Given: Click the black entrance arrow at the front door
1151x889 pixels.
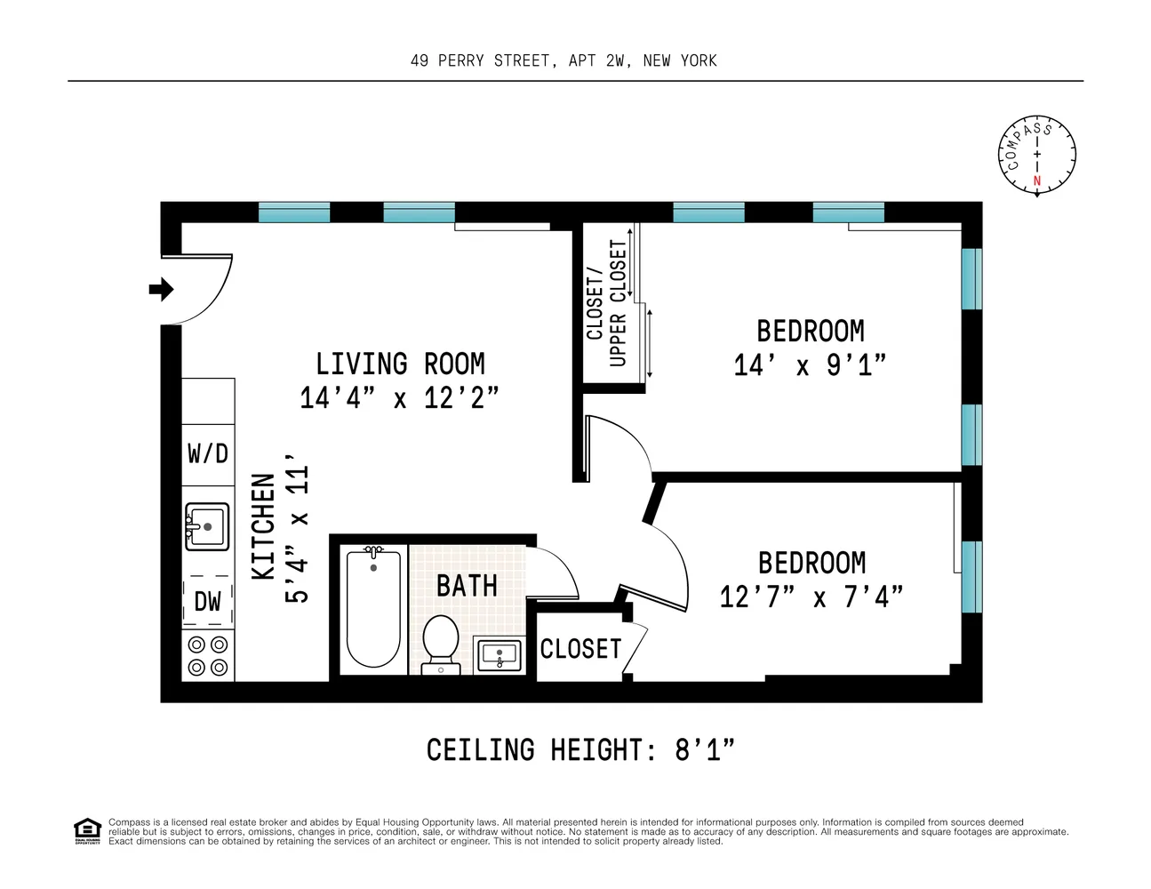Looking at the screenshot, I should point(161,289).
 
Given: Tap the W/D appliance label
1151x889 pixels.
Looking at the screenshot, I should point(208,454).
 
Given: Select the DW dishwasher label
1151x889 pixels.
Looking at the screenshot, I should point(208,602).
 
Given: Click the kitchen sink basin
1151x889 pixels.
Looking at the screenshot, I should point(207,527).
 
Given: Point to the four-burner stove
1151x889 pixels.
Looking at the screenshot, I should point(208,656).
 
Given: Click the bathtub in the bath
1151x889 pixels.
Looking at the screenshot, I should point(372,609).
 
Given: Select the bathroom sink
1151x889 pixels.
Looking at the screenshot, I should point(500,656).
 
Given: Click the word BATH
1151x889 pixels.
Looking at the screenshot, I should point(467,587).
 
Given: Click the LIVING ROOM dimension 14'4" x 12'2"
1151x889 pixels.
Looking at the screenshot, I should point(399,397).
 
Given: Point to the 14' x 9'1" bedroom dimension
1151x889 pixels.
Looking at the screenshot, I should point(810,365).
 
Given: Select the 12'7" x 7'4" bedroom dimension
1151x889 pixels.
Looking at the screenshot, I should point(811,597).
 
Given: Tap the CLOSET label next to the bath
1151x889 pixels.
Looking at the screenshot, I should point(580,649).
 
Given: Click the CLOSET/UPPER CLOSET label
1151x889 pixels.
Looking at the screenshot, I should point(607,302).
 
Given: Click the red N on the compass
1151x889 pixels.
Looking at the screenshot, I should point(1036,181).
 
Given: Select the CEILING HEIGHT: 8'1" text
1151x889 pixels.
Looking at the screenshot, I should point(580,750).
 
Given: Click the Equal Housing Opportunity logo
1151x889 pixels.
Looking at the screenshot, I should point(87,831).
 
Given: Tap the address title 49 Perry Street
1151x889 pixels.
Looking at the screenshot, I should point(564,60).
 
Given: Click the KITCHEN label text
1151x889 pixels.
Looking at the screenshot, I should point(263,527).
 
